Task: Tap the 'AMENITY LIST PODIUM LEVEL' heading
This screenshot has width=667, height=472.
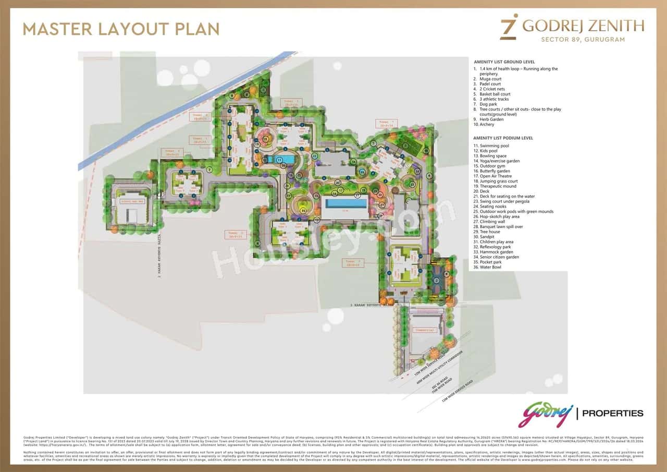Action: (503, 138)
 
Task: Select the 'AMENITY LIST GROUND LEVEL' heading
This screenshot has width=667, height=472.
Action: (504, 62)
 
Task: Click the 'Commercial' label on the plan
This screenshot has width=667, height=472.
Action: (425, 330)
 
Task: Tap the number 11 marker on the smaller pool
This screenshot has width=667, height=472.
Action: (279, 159)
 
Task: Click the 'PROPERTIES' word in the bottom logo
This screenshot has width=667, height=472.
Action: (613, 413)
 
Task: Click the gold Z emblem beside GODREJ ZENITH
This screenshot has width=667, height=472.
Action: (508, 26)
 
